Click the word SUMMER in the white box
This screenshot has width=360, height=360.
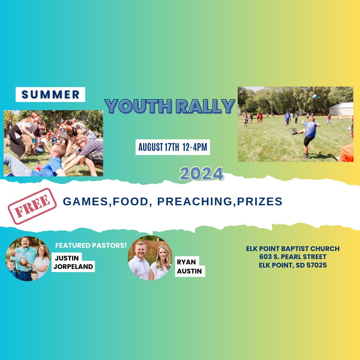click(x=50, y=94)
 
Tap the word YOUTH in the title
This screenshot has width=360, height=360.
click(x=139, y=106)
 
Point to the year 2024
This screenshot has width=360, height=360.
click(x=201, y=174)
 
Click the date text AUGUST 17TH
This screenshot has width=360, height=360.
click(x=159, y=147)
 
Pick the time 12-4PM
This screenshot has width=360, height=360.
click(x=195, y=147)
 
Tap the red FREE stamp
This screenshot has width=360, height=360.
click(x=32, y=206)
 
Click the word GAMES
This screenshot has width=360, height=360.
click(x=85, y=201)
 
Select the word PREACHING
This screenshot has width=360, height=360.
click(x=195, y=201)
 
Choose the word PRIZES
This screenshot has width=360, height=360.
click(x=259, y=201)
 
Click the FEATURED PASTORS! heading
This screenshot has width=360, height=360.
click(x=91, y=245)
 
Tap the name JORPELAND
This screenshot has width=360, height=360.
click(x=73, y=266)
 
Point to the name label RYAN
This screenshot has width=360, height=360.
click(x=186, y=262)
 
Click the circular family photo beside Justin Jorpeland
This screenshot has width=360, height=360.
click(x=28, y=258)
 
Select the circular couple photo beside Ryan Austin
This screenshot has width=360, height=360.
click(x=150, y=258)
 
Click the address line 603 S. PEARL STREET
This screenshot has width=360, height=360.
click(x=293, y=257)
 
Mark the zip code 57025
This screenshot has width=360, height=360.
click(x=317, y=265)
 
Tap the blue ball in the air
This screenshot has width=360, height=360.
click(x=315, y=96)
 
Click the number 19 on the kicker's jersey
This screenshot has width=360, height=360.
click(x=311, y=125)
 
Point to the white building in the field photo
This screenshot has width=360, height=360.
click(x=341, y=109)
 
